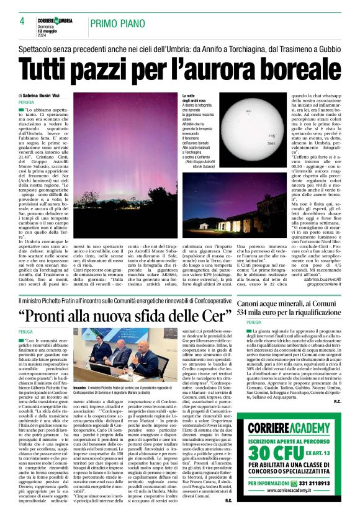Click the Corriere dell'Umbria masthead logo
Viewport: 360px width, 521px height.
pyautogui.click(x=54, y=21)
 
